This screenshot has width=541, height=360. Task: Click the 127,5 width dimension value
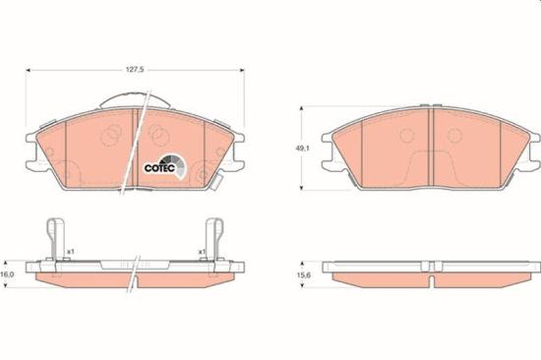[135, 70]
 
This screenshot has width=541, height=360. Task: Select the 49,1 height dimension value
[302, 149]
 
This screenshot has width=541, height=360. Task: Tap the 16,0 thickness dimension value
[7, 274]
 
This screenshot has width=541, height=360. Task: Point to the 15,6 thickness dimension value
[302, 275]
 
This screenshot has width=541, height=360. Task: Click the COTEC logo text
[160, 168]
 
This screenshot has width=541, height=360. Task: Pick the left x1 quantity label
[71, 252]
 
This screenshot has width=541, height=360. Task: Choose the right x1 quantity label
[202, 252]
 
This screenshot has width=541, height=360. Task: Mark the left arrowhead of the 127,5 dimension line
[29, 71]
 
